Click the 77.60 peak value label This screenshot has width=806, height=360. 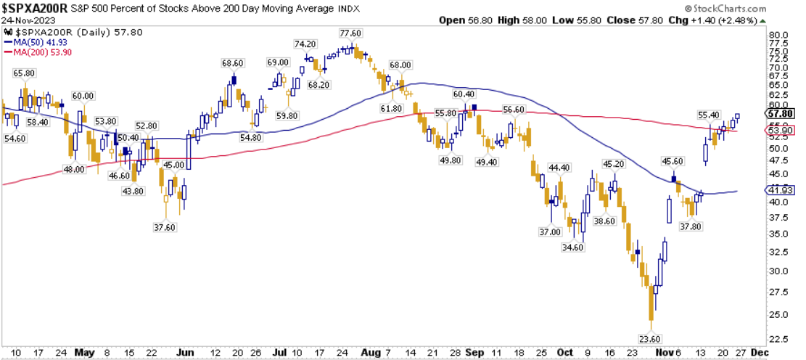click(351, 33)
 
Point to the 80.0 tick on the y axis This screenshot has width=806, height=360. click(779, 36)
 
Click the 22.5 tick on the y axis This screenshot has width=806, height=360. click(779, 338)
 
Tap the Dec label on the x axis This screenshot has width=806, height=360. click(760, 352)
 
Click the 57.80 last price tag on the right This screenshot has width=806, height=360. click(783, 114)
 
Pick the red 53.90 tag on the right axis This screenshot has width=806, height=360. click(783, 131)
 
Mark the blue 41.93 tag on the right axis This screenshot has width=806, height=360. click(783, 190)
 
